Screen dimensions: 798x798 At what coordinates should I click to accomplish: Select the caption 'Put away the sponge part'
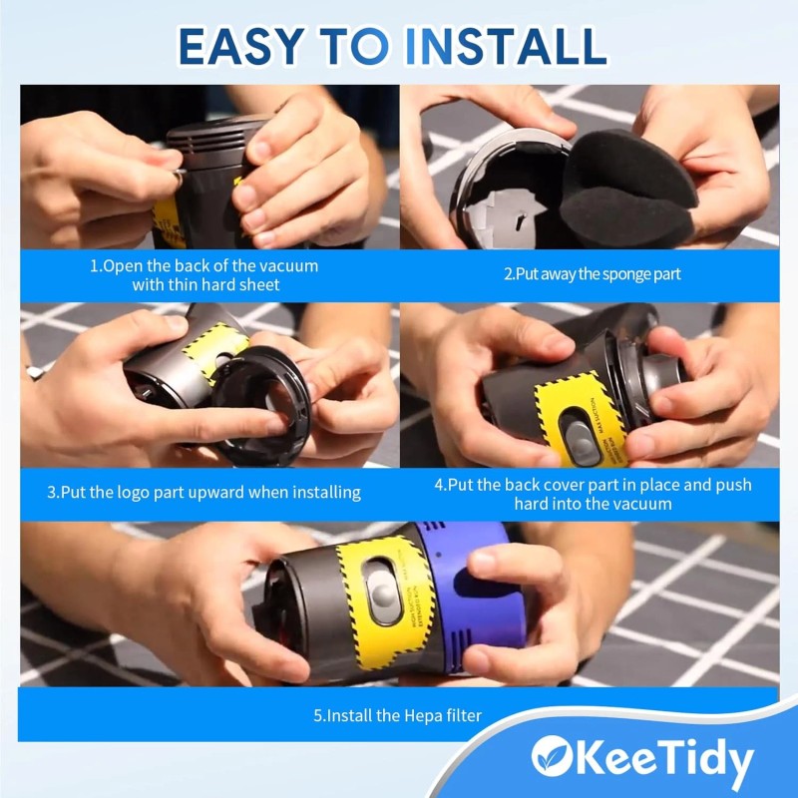coord(590,274)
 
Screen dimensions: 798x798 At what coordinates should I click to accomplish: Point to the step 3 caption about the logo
coord(203,492)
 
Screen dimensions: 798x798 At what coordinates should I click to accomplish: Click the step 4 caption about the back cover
coord(593,494)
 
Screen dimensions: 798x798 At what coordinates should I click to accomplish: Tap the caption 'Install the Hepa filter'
coord(398,714)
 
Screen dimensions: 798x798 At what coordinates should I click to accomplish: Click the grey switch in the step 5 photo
coord(381,590)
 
